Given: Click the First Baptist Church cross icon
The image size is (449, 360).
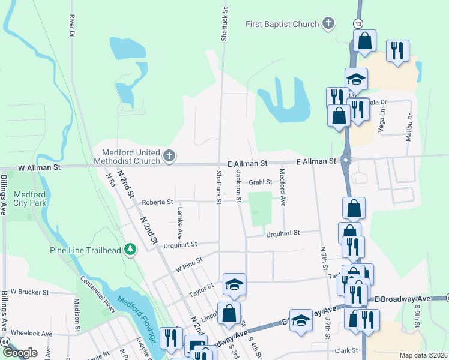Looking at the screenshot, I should pos(328,24).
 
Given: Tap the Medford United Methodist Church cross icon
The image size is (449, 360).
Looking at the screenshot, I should pos(169,157).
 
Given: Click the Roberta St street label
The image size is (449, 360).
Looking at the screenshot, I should pos(157,202).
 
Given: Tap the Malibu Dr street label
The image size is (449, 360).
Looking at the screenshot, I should pos(411,127).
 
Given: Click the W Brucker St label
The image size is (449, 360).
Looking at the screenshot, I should pos(29,292).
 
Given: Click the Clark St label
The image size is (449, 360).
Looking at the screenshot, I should pos(346,350).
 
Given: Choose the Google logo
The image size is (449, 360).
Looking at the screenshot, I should pos(20,353).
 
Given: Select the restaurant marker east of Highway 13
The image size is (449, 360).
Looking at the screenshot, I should pos(397,50).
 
